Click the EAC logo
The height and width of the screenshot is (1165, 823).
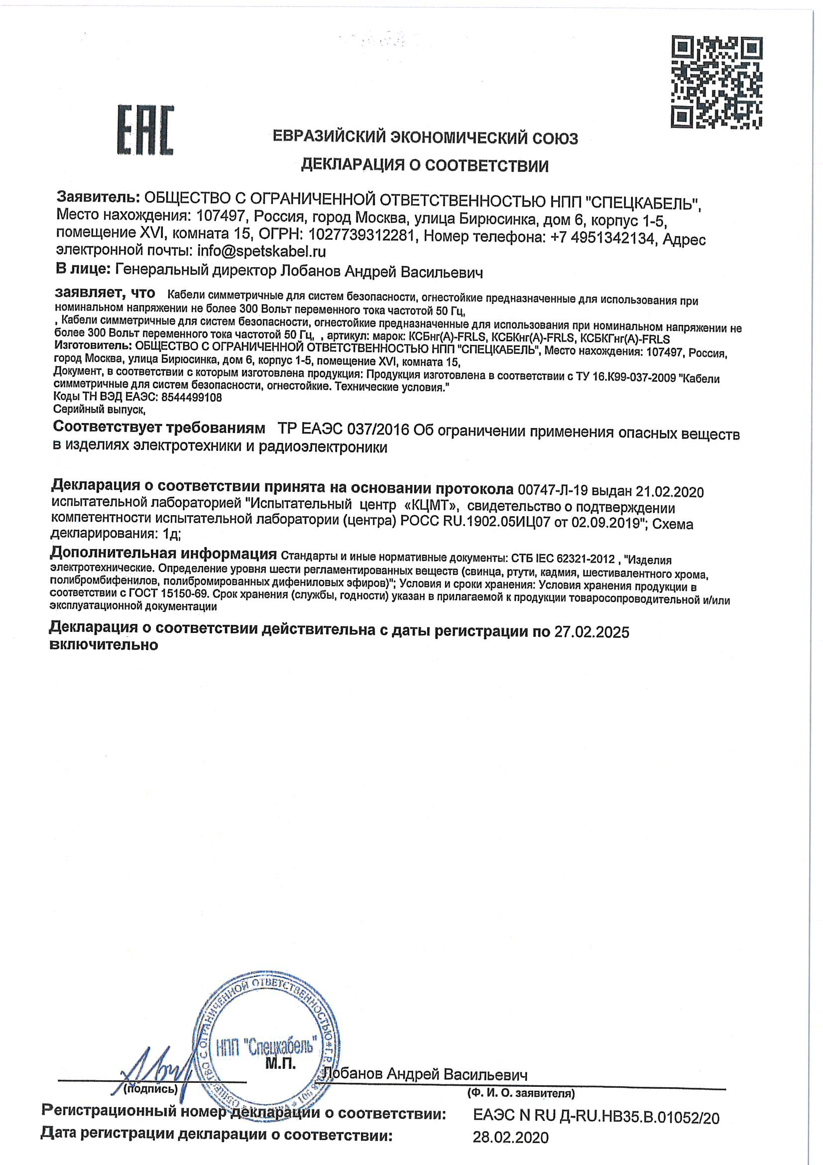coord(145,130)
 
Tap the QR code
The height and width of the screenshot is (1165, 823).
coord(717,82)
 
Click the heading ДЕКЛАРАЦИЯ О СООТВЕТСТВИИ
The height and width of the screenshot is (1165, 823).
coord(425,165)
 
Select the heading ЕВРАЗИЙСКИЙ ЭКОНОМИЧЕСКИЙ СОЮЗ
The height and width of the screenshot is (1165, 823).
coord(425,138)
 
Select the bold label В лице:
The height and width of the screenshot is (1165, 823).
coord(83,269)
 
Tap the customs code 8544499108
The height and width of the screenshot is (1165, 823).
coord(191,397)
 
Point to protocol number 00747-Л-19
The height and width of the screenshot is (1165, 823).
coord(552,490)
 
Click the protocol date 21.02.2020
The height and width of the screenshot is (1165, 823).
coord(669,492)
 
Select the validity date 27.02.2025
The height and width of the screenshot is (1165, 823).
coord(591,632)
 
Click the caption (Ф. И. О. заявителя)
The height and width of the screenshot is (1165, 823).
coord(520,1093)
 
